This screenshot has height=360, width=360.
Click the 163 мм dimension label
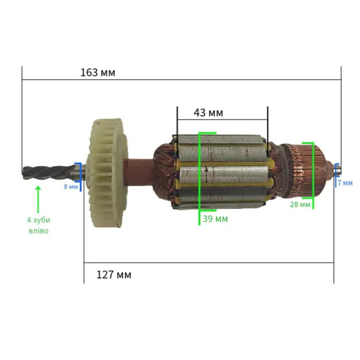coord(98,73)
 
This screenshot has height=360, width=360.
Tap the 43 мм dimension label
coord(208,113)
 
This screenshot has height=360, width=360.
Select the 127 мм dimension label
coord(114,275)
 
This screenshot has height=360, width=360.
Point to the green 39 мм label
coord(215,219)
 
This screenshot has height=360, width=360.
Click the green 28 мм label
coord(300,204)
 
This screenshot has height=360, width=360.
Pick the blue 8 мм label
coord(71,187)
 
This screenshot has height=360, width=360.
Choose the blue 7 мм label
coord(345,183)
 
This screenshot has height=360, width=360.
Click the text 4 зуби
coord(39,220)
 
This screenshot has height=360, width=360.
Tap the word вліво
coord(39,231)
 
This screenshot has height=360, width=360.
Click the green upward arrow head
coord(38,189)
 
